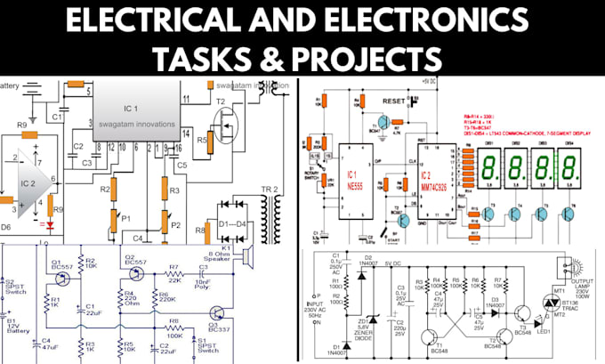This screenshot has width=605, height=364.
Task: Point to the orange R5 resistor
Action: click(x=202, y=140)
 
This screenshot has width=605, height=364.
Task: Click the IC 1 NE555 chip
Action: click(x=355, y=177)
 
